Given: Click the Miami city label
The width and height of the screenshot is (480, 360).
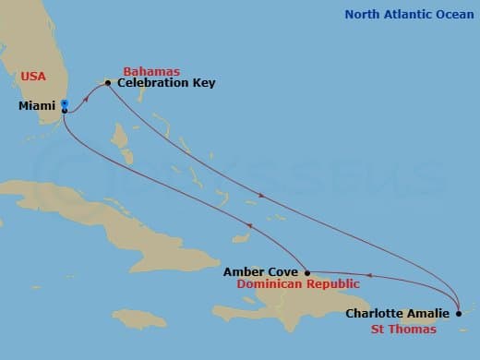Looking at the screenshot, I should [36, 106].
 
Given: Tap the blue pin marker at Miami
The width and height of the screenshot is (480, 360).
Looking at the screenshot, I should [64, 105].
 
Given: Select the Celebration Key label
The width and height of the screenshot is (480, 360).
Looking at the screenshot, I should [167, 83].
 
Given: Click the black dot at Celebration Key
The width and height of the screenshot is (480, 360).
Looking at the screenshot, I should [108, 83].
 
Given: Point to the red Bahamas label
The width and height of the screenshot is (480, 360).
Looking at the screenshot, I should [151, 71].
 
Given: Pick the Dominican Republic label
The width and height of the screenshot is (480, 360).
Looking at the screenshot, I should [295, 285].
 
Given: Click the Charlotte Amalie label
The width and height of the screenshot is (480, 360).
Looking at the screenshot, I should [398, 313].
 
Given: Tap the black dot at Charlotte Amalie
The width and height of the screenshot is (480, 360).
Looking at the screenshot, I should [459, 313].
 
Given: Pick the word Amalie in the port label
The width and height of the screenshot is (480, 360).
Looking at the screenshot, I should [430, 313].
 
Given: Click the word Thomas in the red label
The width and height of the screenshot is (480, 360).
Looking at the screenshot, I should [418, 329].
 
